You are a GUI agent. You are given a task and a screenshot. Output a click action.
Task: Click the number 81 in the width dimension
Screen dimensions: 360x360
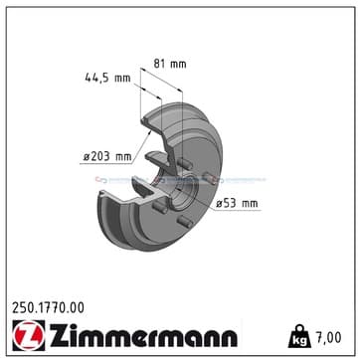[161, 65]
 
